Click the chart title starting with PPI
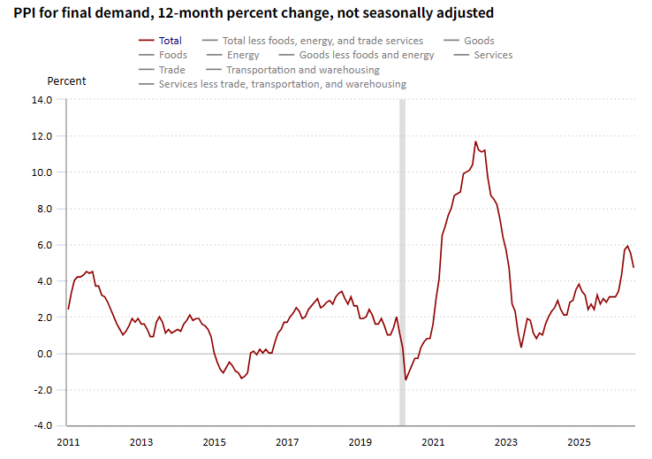click(x=254, y=13)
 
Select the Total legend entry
click(x=160, y=41)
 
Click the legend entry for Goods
click(x=469, y=41)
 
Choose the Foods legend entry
click(x=163, y=55)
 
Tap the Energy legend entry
click(x=232, y=55)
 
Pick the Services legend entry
click(x=483, y=55)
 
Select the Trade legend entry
click(x=162, y=70)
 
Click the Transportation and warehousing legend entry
click(x=292, y=70)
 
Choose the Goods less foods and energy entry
click(x=356, y=55)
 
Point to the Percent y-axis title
click(x=66, y=80)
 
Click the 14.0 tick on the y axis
click(x=42, y=100)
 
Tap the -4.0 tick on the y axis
click(x=43, y=425)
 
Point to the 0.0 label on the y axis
click(x=44, y=354)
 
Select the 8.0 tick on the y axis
click(x=44, y=209)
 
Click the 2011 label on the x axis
click(x=68, y=442)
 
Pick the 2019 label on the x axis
click(x=360, y=442)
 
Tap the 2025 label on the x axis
click(x=579, y=442)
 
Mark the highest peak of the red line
click(x=475, y=142)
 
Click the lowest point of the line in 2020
click(x=406, y=379)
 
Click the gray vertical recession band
click(x=402, y=262)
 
